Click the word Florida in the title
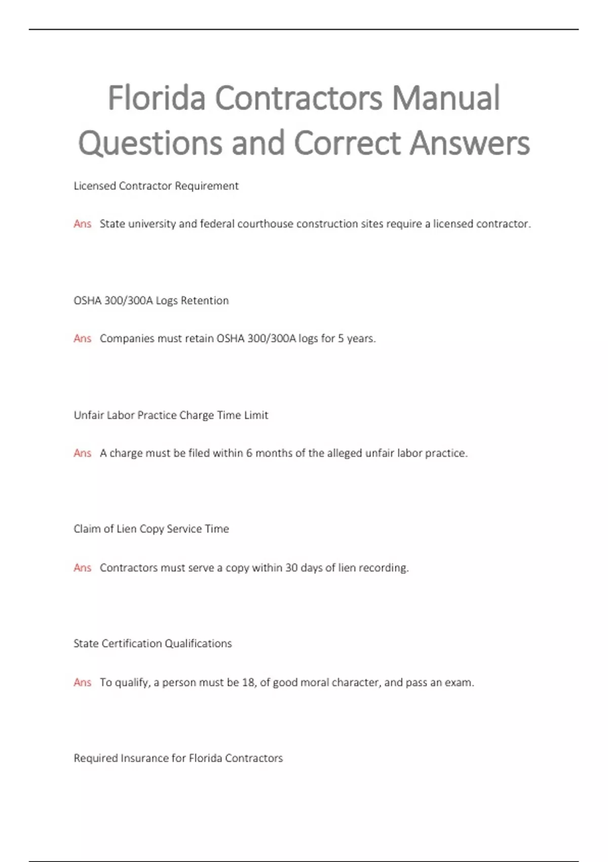[x=157, y=98]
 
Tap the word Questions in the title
[x=150, y=143]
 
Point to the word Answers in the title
[x=470, y=143]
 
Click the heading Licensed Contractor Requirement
[x=156, y=186]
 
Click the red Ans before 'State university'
[x=82, y=224]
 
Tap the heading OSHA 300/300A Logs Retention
[x=151, y=301]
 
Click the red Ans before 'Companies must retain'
[x=82, y=339]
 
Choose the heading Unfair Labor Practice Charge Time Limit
[x=171, y=415]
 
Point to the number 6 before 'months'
[x=249, y=453]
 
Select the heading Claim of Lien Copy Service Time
[x=151, y=529]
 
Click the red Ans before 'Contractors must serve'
[x=82, y=568]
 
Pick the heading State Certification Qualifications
[x=153, y=643]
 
